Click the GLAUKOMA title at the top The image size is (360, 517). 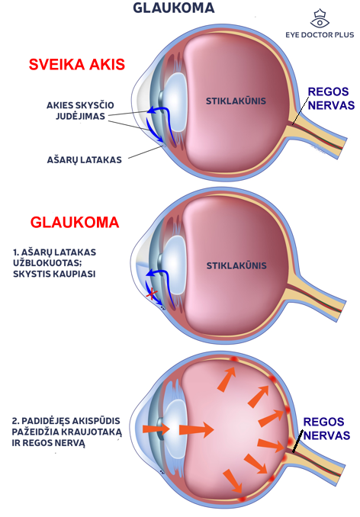(174, 8)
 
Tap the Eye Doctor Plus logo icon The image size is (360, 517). (320, 19)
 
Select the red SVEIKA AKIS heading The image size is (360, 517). (77, 64)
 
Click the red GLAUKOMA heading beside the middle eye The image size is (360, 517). (75, 223)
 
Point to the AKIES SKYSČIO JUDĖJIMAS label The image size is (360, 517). (80, 111)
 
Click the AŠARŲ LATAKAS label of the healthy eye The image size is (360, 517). (85, 160)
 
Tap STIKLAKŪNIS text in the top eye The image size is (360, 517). (236, 101)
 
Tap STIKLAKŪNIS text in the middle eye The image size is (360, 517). (236, 265)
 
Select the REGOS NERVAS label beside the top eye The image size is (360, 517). (331, 98)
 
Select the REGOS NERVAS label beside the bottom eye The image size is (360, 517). (326, 429)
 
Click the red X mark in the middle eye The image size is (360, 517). (152, 293)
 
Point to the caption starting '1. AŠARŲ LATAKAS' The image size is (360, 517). (55, 263)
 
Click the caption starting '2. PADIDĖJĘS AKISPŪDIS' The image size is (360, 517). (67, 432)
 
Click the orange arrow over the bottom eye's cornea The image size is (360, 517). (156, 429)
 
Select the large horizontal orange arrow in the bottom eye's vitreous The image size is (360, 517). (197, 429)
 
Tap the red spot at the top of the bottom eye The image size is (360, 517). (234, 358)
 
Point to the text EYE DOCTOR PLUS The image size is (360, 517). (320, 34)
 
